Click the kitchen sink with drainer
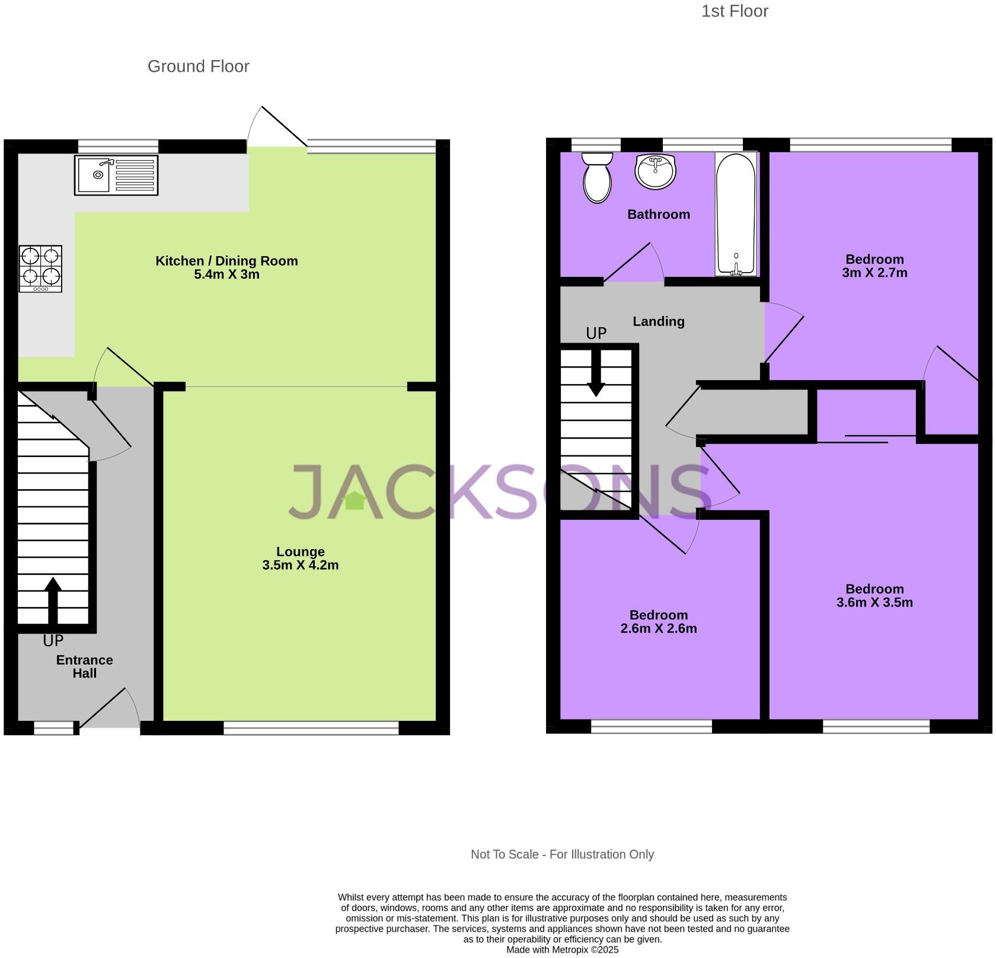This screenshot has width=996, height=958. (x=116, y=175)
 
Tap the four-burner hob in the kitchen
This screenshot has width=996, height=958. (x=40, y=269)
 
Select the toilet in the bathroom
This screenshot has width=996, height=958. (x=597, y=178)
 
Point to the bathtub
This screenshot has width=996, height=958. (x=736, y=213)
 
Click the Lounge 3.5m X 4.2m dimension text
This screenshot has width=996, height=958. (x=300, y=565)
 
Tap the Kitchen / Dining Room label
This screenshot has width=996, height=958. (x=226, y=261)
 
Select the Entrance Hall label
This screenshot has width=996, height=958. (x=84, y=666)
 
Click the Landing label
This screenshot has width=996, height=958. (x=658, y=321)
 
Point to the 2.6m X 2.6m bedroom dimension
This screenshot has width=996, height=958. (x=658, y=628)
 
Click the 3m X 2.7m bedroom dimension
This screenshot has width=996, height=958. (x=874, y=273)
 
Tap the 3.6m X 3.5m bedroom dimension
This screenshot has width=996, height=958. (x=874, y=602)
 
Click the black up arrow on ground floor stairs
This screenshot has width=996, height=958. (x=53, y=599)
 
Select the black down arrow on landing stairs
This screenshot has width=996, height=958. (x=596, y=373)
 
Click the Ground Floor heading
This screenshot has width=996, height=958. (x=198, y=66)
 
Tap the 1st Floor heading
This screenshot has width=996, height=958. (x=735, y=11)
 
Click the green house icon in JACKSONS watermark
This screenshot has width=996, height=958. (x=355, y=501)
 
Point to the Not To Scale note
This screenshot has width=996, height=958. (x=562, y=854)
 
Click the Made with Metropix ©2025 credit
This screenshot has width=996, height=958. (x=562, y=950)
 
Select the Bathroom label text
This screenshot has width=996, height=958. (x=658, y=215)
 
